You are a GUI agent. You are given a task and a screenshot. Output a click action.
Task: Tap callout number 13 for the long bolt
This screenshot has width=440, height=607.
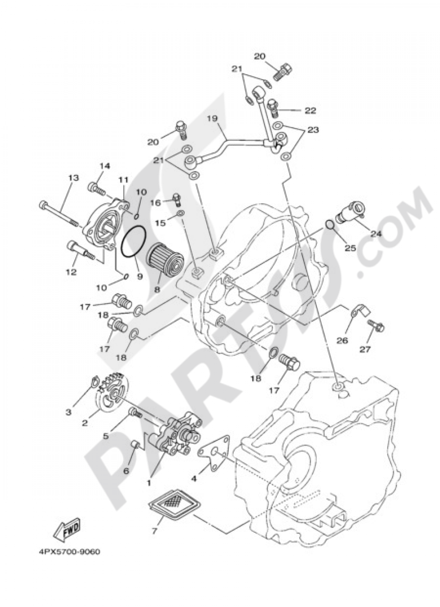click(73, 178)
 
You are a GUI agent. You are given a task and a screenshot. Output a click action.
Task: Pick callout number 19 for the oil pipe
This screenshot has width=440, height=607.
click(212, 118)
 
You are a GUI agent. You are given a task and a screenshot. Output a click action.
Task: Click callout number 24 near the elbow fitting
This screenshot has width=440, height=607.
click(375, 234)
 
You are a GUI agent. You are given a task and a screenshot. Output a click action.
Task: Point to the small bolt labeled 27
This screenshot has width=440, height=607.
click(375, 326)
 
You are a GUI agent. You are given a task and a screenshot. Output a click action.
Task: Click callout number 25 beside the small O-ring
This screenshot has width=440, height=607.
click(350, 248)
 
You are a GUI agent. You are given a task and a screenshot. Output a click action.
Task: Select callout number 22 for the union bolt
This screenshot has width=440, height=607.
click(310, 110)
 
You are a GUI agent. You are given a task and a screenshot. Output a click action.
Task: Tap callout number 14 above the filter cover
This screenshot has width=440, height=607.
click(104, 166)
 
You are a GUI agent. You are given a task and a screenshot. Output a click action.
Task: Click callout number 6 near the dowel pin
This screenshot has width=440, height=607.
click(126, 470)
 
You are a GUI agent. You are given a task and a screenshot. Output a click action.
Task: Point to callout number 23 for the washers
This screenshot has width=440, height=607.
click(313, 130)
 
